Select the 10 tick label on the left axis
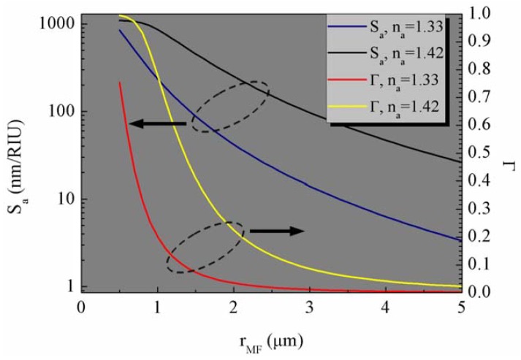(65, 199)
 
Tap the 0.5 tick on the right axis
(479, 153)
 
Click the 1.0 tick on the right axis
(479, 14)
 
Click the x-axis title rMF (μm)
(271, 341)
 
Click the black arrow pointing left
(157, 124)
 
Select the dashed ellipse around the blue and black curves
(230, 107)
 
